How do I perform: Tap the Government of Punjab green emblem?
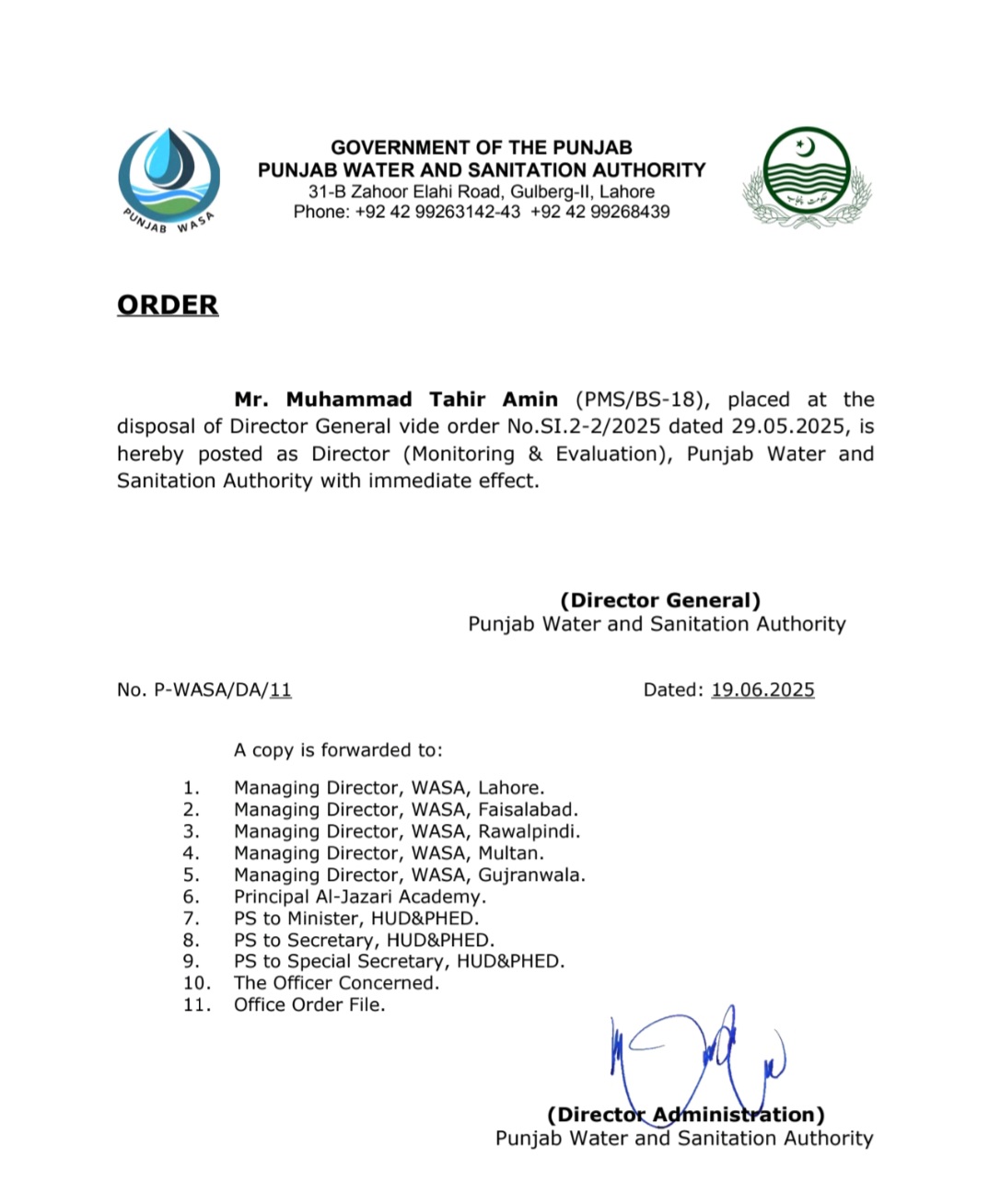tap(807, 177)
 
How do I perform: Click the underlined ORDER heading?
tap(168, 305)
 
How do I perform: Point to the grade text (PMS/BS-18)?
tap(642, 399)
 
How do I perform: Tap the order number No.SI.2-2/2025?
tap(584, 426)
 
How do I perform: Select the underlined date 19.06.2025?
tap(762, 689)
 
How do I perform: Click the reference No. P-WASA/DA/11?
tap(204, 689)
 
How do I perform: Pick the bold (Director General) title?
tap(660, 600)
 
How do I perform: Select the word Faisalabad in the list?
tap(528, 810)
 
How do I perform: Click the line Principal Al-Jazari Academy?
tap(359, 897)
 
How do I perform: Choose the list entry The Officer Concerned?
tap(336, 983)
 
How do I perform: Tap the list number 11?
tap(196, 1005)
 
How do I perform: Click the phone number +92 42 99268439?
tap(600, 212)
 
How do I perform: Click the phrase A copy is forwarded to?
tap(338, 750)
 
